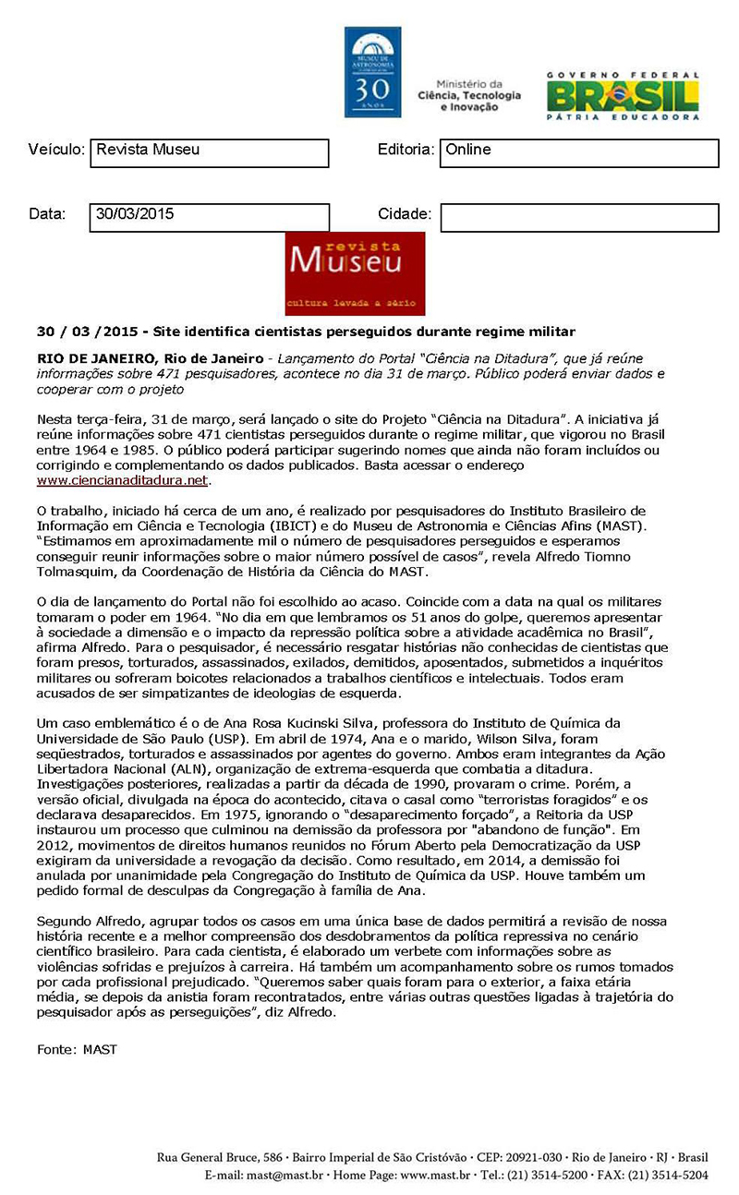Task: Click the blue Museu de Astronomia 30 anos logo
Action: (372, 72)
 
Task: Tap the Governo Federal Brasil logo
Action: (622, 95)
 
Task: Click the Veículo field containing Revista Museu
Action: (210, 152)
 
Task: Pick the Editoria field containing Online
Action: (579, 152)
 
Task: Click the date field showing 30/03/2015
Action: (210, 217)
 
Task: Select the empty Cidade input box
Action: (579, 217)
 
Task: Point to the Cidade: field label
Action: (405, 214)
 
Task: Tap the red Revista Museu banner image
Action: (355, 273)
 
